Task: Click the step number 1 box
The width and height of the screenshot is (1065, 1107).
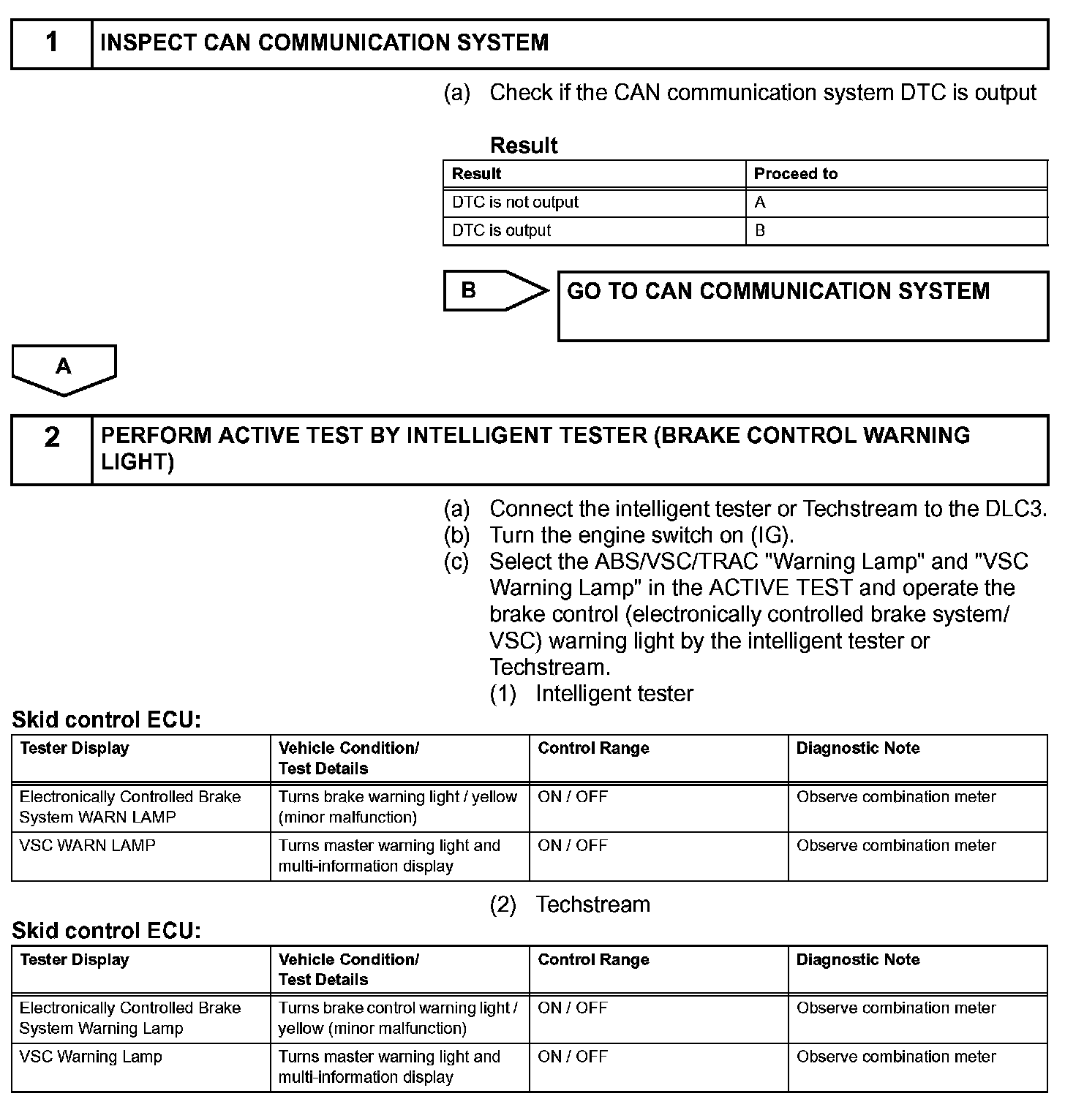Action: [51, 43]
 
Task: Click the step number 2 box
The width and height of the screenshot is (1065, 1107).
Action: [51, 449]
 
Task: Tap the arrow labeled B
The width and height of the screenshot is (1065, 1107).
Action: [494, 291]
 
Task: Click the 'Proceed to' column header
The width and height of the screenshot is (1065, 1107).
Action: [795, 174]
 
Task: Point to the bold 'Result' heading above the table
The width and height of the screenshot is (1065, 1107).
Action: [524, 146]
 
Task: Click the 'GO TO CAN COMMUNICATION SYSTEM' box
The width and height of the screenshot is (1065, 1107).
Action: [802, 306]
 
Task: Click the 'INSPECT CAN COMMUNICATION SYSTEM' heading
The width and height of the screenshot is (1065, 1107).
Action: [324, 43]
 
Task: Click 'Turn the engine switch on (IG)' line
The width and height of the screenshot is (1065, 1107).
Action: [641, 535]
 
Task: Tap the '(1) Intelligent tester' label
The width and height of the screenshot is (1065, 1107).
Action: [591, 693]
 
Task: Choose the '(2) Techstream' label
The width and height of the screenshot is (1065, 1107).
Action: [570, 904]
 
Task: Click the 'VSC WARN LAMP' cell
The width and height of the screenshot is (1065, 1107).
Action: [88, 846]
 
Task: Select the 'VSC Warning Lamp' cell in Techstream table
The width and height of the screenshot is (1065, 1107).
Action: [91, 1057]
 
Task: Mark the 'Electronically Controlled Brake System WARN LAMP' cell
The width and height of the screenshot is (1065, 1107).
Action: [130, 807]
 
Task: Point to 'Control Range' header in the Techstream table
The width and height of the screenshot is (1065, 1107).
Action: [593, 960]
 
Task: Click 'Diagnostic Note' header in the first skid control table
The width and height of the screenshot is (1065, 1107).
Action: [857, 749]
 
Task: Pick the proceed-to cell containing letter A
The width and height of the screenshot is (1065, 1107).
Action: [895, 203]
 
